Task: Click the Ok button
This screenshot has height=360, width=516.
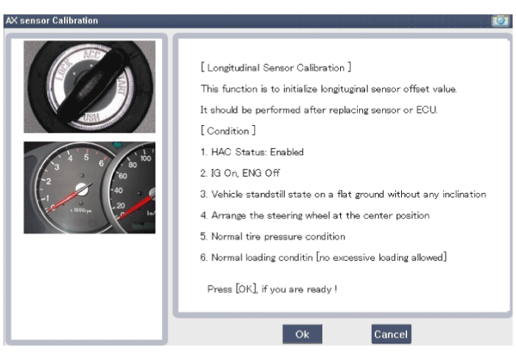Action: (302, 334)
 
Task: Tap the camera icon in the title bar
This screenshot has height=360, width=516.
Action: (501, 21)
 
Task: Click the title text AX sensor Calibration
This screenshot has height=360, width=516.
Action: (52, 21)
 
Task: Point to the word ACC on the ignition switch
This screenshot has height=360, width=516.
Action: (92, 54)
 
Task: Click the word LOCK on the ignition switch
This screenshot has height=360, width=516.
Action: (64, 69)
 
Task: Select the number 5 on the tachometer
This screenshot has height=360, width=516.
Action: (86, 157)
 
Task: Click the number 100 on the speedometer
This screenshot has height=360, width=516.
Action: (146, 158)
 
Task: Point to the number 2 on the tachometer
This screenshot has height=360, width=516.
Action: (49, 181)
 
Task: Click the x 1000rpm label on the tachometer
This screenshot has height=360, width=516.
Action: (81, 210)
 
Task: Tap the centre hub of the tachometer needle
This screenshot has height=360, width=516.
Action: (82, 189)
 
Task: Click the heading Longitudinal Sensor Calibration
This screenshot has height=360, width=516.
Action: (276, 68)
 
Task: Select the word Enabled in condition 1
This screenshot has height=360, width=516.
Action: (286, 152)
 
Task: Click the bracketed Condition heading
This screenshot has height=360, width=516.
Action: (228, 130)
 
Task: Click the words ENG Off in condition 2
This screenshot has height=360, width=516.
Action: (261, 173)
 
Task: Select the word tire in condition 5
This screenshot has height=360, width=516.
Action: (253, 236)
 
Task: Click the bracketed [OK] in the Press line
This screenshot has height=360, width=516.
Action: (246, 289)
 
